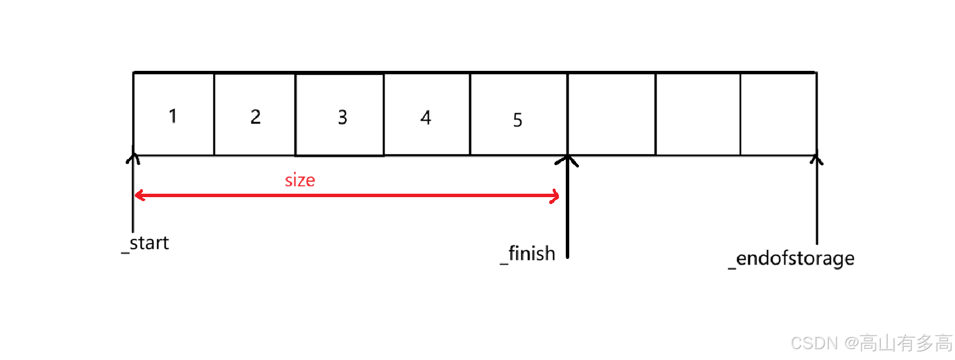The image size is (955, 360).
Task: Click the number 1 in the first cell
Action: click(173, 116)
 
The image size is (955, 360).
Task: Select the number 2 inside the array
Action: click(255, 117)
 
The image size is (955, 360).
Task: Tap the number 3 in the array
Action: click(342, 118)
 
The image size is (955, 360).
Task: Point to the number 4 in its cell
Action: click(426, 118)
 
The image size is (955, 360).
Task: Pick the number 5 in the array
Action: click(517, 120)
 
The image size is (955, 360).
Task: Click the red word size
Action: click(300, 181)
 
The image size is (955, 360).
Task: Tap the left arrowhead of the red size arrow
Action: click(138, 196)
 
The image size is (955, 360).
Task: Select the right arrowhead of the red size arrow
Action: click(555, 197)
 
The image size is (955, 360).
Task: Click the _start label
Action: click(146, 243)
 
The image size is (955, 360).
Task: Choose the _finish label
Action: click(528, 254)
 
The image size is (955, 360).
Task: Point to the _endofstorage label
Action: click(792, 258)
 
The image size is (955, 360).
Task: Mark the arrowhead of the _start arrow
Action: click(133, 157)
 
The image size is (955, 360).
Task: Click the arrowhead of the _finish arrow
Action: click(567, 159)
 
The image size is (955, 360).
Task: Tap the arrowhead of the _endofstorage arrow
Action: click(817, 158)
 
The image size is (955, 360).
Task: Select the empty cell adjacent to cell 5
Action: click(612, 114)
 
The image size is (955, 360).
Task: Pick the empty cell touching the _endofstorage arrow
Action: click(778, 114)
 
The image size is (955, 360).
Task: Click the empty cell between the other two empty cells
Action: click(698, 114)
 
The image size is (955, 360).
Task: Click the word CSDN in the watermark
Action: click(814, 343)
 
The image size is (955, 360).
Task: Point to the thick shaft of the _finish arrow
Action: click(568, 217)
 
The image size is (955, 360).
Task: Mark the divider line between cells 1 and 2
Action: click(214, 114)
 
